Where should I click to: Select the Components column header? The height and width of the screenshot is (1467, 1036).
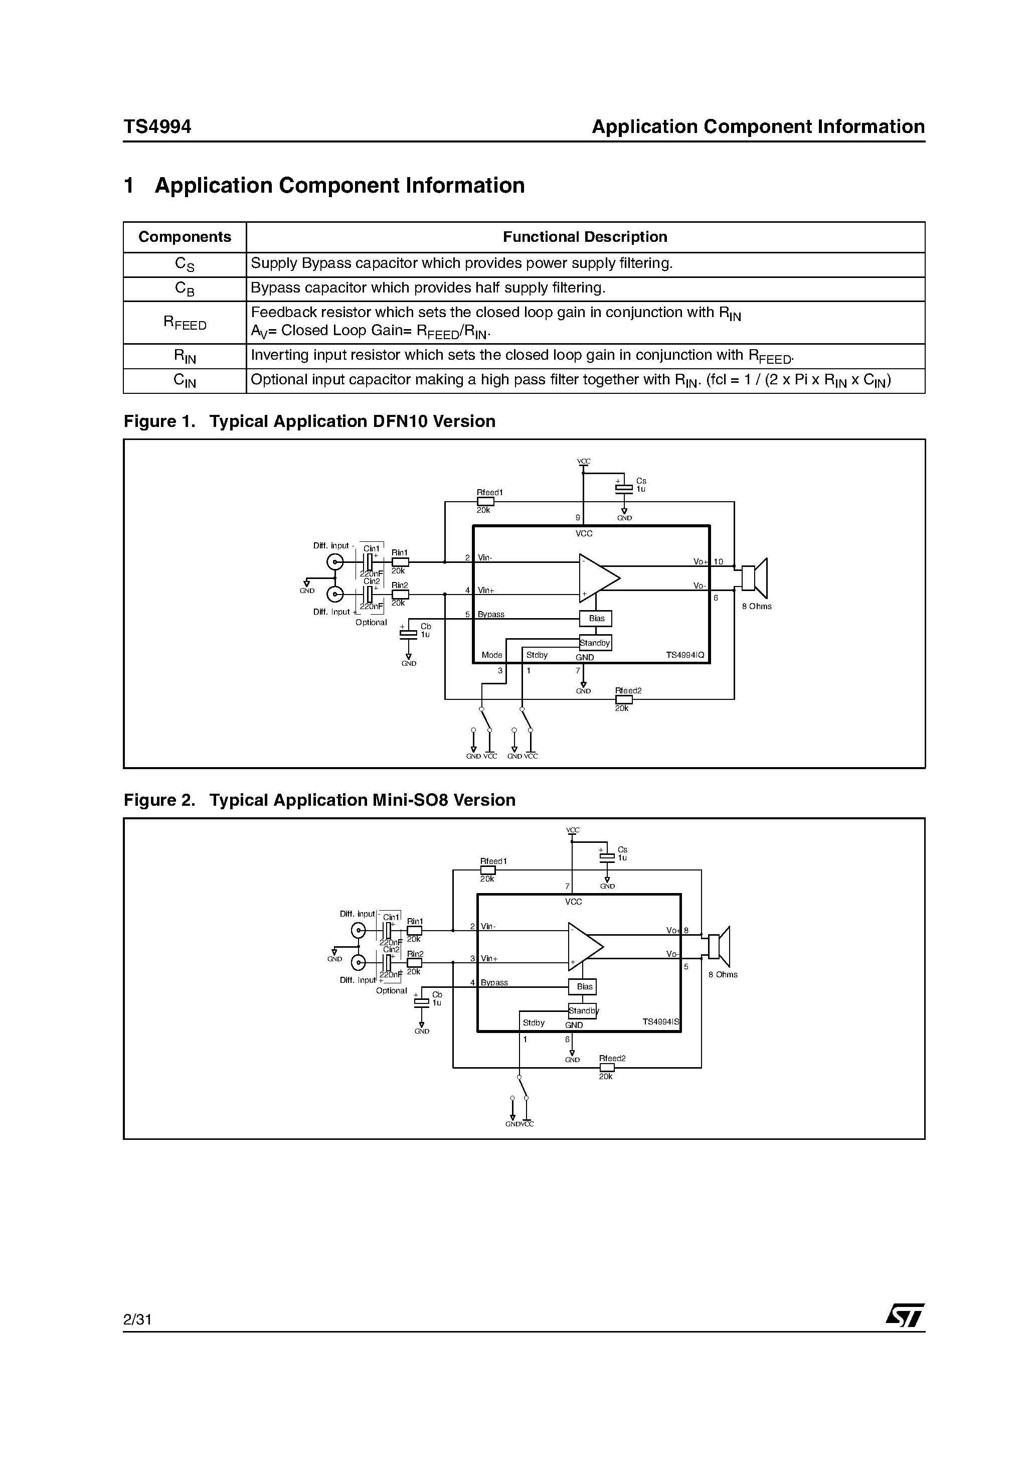click(x=185, y=237)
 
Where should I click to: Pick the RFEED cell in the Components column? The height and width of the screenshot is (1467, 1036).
click(x=185, y=323)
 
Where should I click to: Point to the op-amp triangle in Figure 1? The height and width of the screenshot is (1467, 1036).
click(x=598, y=578)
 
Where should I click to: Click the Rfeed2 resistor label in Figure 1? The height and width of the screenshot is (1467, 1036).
click(x=628, y=691)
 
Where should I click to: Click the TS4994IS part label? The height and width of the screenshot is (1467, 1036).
click(x=660, y=1021)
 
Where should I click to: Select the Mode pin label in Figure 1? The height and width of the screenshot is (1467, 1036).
click(x=492, y=655)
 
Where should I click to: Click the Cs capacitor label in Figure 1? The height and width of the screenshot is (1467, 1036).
click(x=641, y=481)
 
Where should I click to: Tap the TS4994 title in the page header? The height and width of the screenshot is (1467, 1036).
click(x=157, y=126)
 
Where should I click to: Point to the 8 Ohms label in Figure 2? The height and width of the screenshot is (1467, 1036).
click(x=723, y=974)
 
